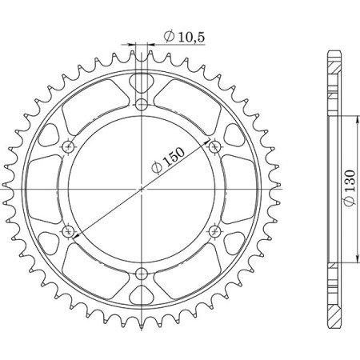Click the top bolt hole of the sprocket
coord(142,105)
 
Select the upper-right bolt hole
coord(214,146)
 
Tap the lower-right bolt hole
coord(214,230)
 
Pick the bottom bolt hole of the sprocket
coord(142,273)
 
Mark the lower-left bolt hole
coord(69,230)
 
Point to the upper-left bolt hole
coord(69,146)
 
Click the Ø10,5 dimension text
coord(181,37)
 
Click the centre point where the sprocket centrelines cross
coord(142,189)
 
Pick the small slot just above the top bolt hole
coord(142,82)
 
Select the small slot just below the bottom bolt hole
coord(142,295)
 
